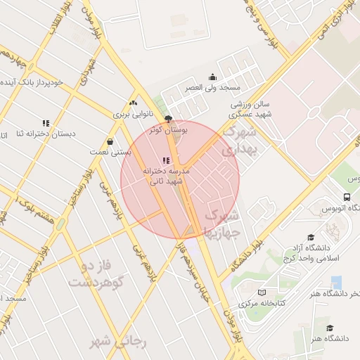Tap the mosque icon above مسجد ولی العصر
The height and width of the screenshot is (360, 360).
212,77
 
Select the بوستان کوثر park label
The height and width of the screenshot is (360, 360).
167,130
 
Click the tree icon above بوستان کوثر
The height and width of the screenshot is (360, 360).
167,119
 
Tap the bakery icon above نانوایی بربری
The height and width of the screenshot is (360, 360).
133,103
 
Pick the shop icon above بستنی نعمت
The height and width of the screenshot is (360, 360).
110,141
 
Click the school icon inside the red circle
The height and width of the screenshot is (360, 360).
165,161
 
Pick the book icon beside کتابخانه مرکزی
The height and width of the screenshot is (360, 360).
262,292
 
